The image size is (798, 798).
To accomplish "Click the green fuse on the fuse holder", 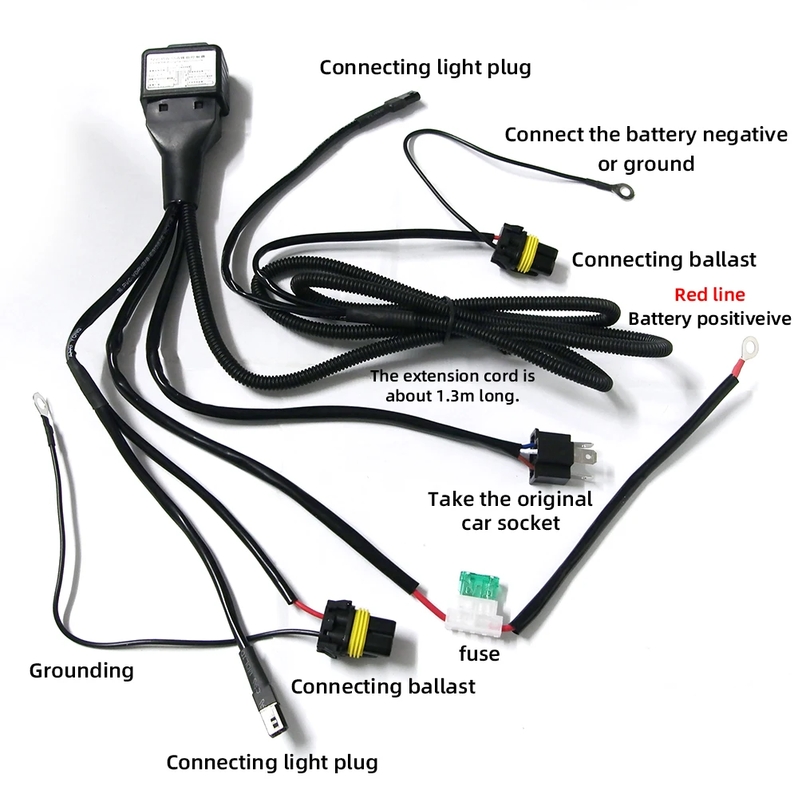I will click(x=480, y=587).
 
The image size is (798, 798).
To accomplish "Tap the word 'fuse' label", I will click(x=479, y=654).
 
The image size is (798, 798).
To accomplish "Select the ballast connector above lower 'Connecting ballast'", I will click(x=354, y=627).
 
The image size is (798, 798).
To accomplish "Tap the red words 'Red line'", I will click(x=709, y=294).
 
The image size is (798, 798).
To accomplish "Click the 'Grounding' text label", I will click(x=81, y=670).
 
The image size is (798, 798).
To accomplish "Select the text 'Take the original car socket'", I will click(x=511, y=511).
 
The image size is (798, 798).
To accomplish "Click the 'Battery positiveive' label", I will click(x=709, y=319).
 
